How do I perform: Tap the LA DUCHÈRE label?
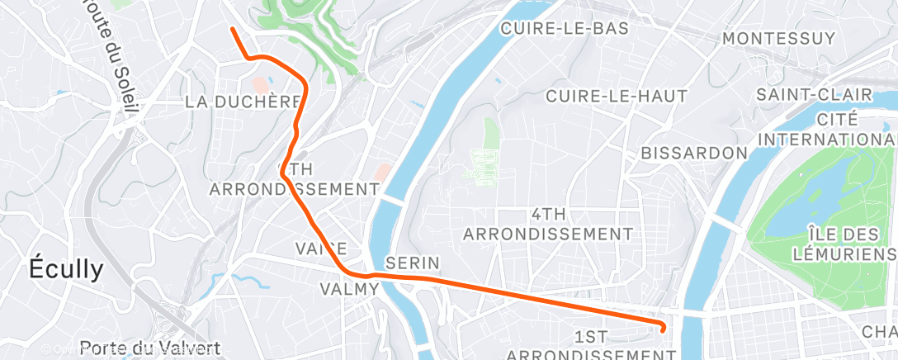(x=242, y=102)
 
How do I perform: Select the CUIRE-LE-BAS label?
(x=565, y=29)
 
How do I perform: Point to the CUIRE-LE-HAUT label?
(x=616, y=96)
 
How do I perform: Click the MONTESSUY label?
(x=779, y=39)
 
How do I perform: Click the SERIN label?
(x=413, y=263)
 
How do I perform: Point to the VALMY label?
(x=349, y=289)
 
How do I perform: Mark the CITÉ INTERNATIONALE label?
(x=827, y=129)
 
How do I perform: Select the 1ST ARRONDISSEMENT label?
(x=590, y=345)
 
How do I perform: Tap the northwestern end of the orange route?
(x=233, y=30)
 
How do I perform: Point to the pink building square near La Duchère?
(x=260, y=84)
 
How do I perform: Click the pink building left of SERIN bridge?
(x=382, y=172)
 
